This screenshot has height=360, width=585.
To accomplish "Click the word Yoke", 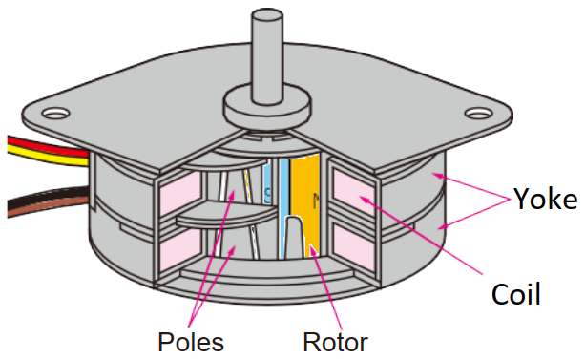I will pyautogui.click(x=546, y=200).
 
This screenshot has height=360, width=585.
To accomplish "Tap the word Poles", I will pyautogui.click(x=192, y=341).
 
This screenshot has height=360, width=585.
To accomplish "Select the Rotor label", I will pyautogui.click(x=335, y=341).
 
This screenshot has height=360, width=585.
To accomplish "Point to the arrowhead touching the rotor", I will pyautogui.click(x=310, y=250).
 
